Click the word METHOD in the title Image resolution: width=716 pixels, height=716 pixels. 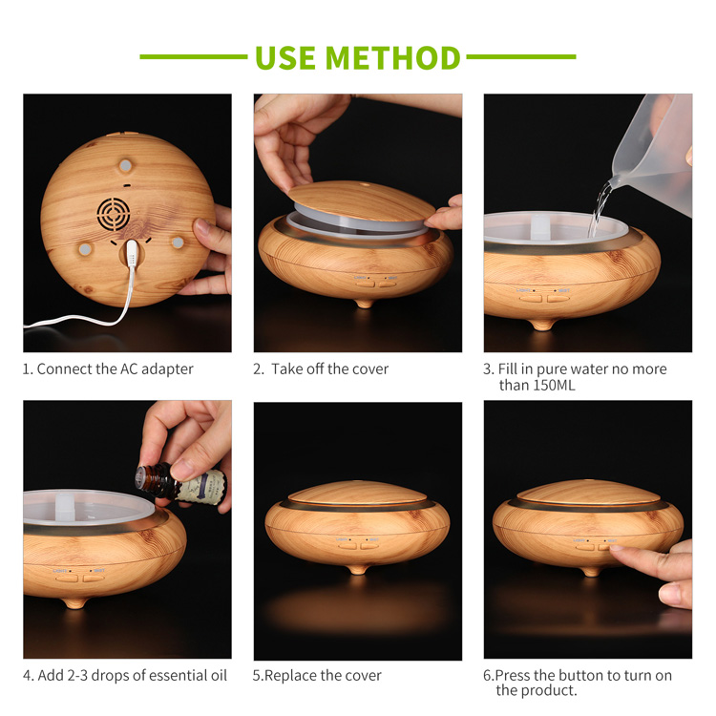(x=394, y=57)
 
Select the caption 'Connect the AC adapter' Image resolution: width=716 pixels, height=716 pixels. (x=115, y=369)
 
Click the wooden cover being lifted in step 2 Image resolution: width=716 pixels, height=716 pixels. (x=361, y=201)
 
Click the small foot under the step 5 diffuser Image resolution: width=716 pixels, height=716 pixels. (x=358, y=569)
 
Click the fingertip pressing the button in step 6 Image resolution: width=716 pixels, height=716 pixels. (x=620, y=552)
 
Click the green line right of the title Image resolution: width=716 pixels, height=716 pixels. (x=520, y=57)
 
